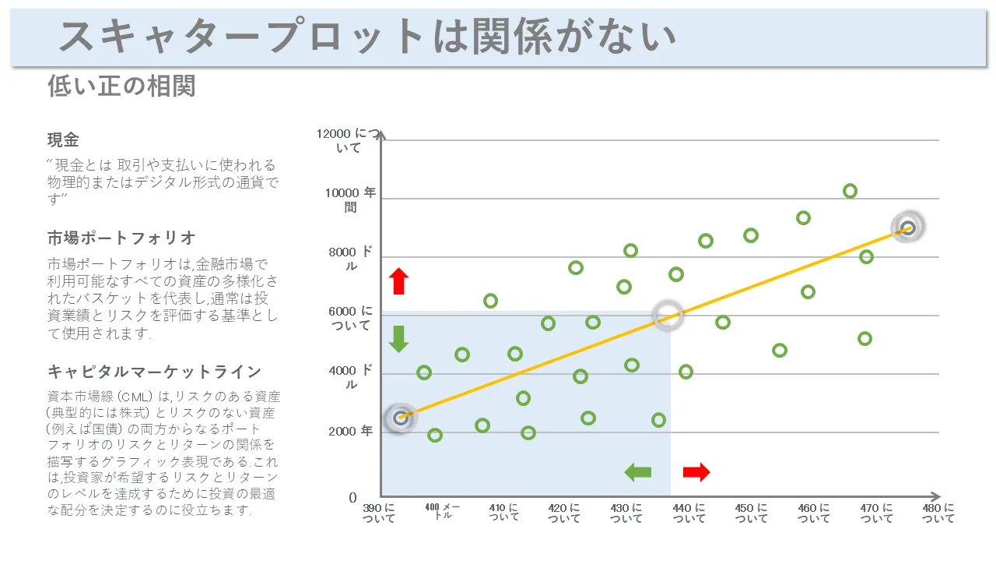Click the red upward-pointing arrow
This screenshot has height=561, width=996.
399,281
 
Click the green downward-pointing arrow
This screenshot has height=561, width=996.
399,339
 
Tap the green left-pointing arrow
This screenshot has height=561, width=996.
638,471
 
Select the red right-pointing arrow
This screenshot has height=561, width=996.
696,471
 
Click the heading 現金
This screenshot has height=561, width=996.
63,140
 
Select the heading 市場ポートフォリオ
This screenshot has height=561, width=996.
121,238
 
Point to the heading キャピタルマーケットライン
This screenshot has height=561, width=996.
154,371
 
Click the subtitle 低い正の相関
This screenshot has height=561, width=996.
121,86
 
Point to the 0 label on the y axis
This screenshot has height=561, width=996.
352,497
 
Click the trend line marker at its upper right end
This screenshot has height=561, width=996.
907,228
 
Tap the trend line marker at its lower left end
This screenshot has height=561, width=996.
401,418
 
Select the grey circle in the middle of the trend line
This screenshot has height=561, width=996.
667,315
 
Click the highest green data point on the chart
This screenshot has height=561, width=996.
850,191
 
